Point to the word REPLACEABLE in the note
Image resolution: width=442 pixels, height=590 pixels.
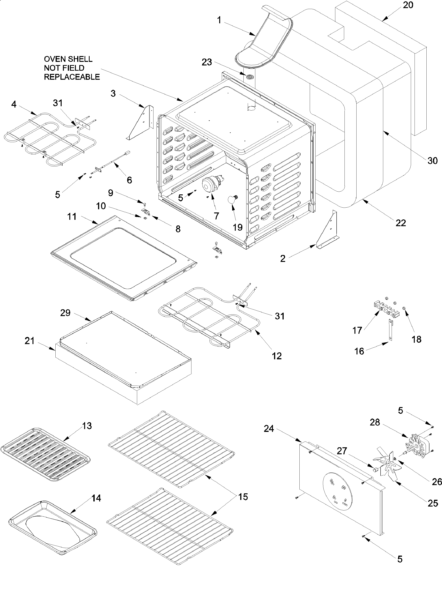coord(72,77)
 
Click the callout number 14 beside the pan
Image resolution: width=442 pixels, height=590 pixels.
coord(96,498)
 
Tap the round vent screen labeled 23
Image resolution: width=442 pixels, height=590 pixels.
coord(249,77)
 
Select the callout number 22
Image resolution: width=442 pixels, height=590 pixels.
coord(401,223)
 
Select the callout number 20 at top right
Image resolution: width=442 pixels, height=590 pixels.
coord(408,5)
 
